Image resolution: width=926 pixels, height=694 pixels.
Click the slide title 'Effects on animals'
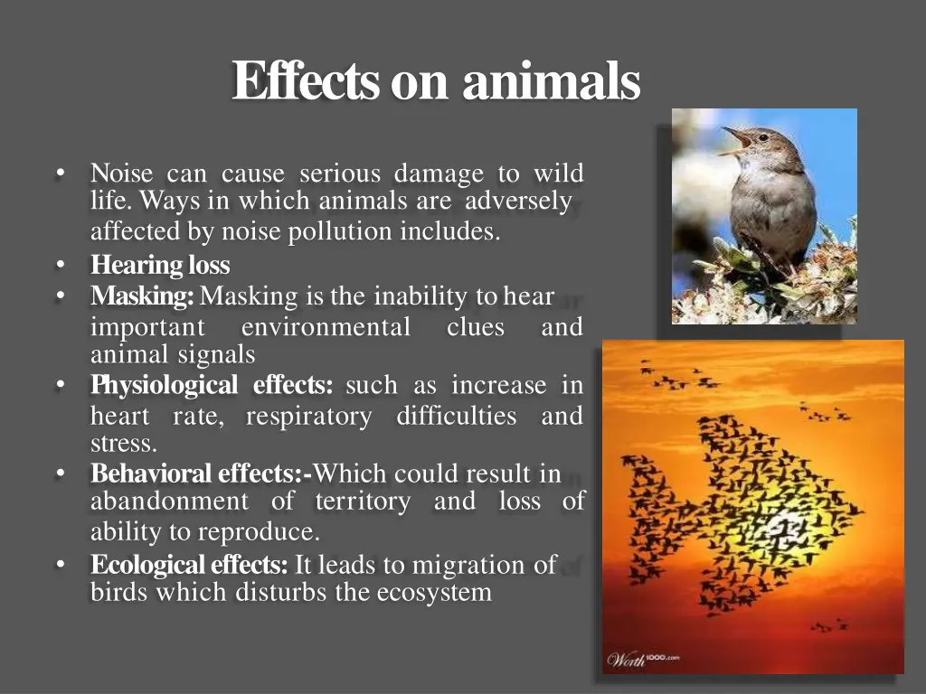pyautogui.click(x=436, y=82)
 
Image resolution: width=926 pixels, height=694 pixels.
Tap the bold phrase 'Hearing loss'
pyautogui.click(x=160, y=266)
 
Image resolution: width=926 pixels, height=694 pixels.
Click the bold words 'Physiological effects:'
pyautogui.click(x=212, y=386)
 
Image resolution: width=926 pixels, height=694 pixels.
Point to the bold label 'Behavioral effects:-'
pyautogui.click(x=201, y=474)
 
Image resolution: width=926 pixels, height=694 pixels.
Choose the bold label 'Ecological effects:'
pyautogui.click(x=189, y=566)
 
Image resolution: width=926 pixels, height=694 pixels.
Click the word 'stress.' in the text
pyautogui.click(x=124, y=444)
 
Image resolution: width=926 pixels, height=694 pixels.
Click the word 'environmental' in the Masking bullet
pyautogui.click(x=326, y=327)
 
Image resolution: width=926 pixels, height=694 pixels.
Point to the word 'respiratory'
pyautogui.click(x=308, y=417)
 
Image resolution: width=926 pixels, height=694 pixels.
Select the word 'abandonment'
pyautogui.click(x=169, y=502)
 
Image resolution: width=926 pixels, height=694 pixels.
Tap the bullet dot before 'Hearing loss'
pyautogui.click(x=60, y=266)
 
